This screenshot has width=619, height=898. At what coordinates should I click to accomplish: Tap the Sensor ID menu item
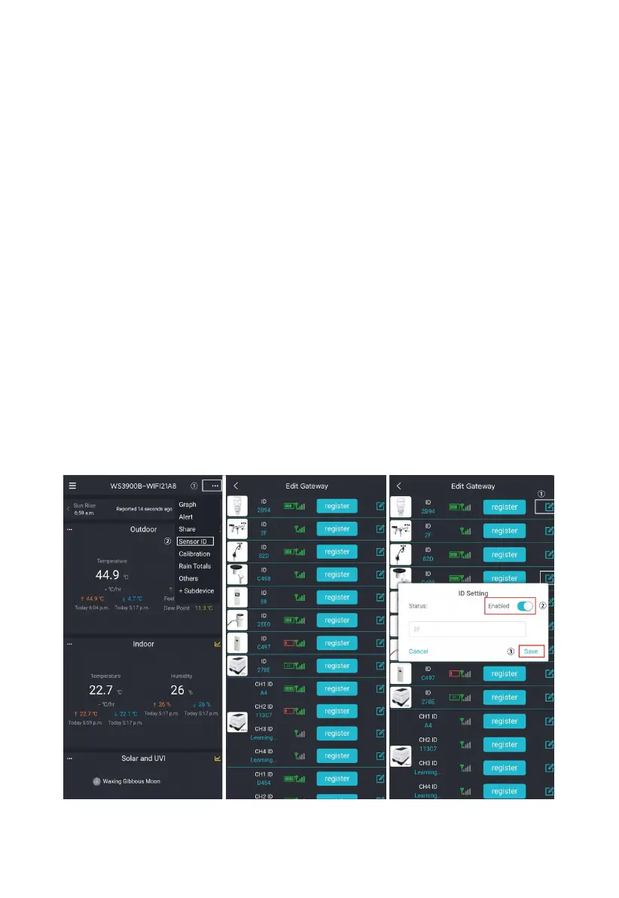point(193,541)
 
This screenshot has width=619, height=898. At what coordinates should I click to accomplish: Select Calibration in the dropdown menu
point(194,553)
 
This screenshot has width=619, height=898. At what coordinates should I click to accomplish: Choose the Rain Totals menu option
point(194,566)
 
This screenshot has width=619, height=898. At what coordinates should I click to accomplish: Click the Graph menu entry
point(187,504)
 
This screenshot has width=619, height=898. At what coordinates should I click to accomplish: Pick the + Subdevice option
point(197,590)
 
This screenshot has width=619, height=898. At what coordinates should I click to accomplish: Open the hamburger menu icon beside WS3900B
point(72,486)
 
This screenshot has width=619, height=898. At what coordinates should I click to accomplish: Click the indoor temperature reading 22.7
point(100,690)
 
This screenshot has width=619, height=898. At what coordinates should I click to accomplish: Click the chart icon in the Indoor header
point(217,644)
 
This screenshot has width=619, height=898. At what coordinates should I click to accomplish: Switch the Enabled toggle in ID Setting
point(525,606)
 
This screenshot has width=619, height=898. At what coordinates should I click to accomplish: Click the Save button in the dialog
point(531,651)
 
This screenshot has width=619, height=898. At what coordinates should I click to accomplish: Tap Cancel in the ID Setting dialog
point(418,651)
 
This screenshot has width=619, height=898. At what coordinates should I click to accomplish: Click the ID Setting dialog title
point(474,593)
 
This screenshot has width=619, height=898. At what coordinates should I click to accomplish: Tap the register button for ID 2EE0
point(337,620)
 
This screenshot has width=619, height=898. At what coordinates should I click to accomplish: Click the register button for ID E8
point(337,597)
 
